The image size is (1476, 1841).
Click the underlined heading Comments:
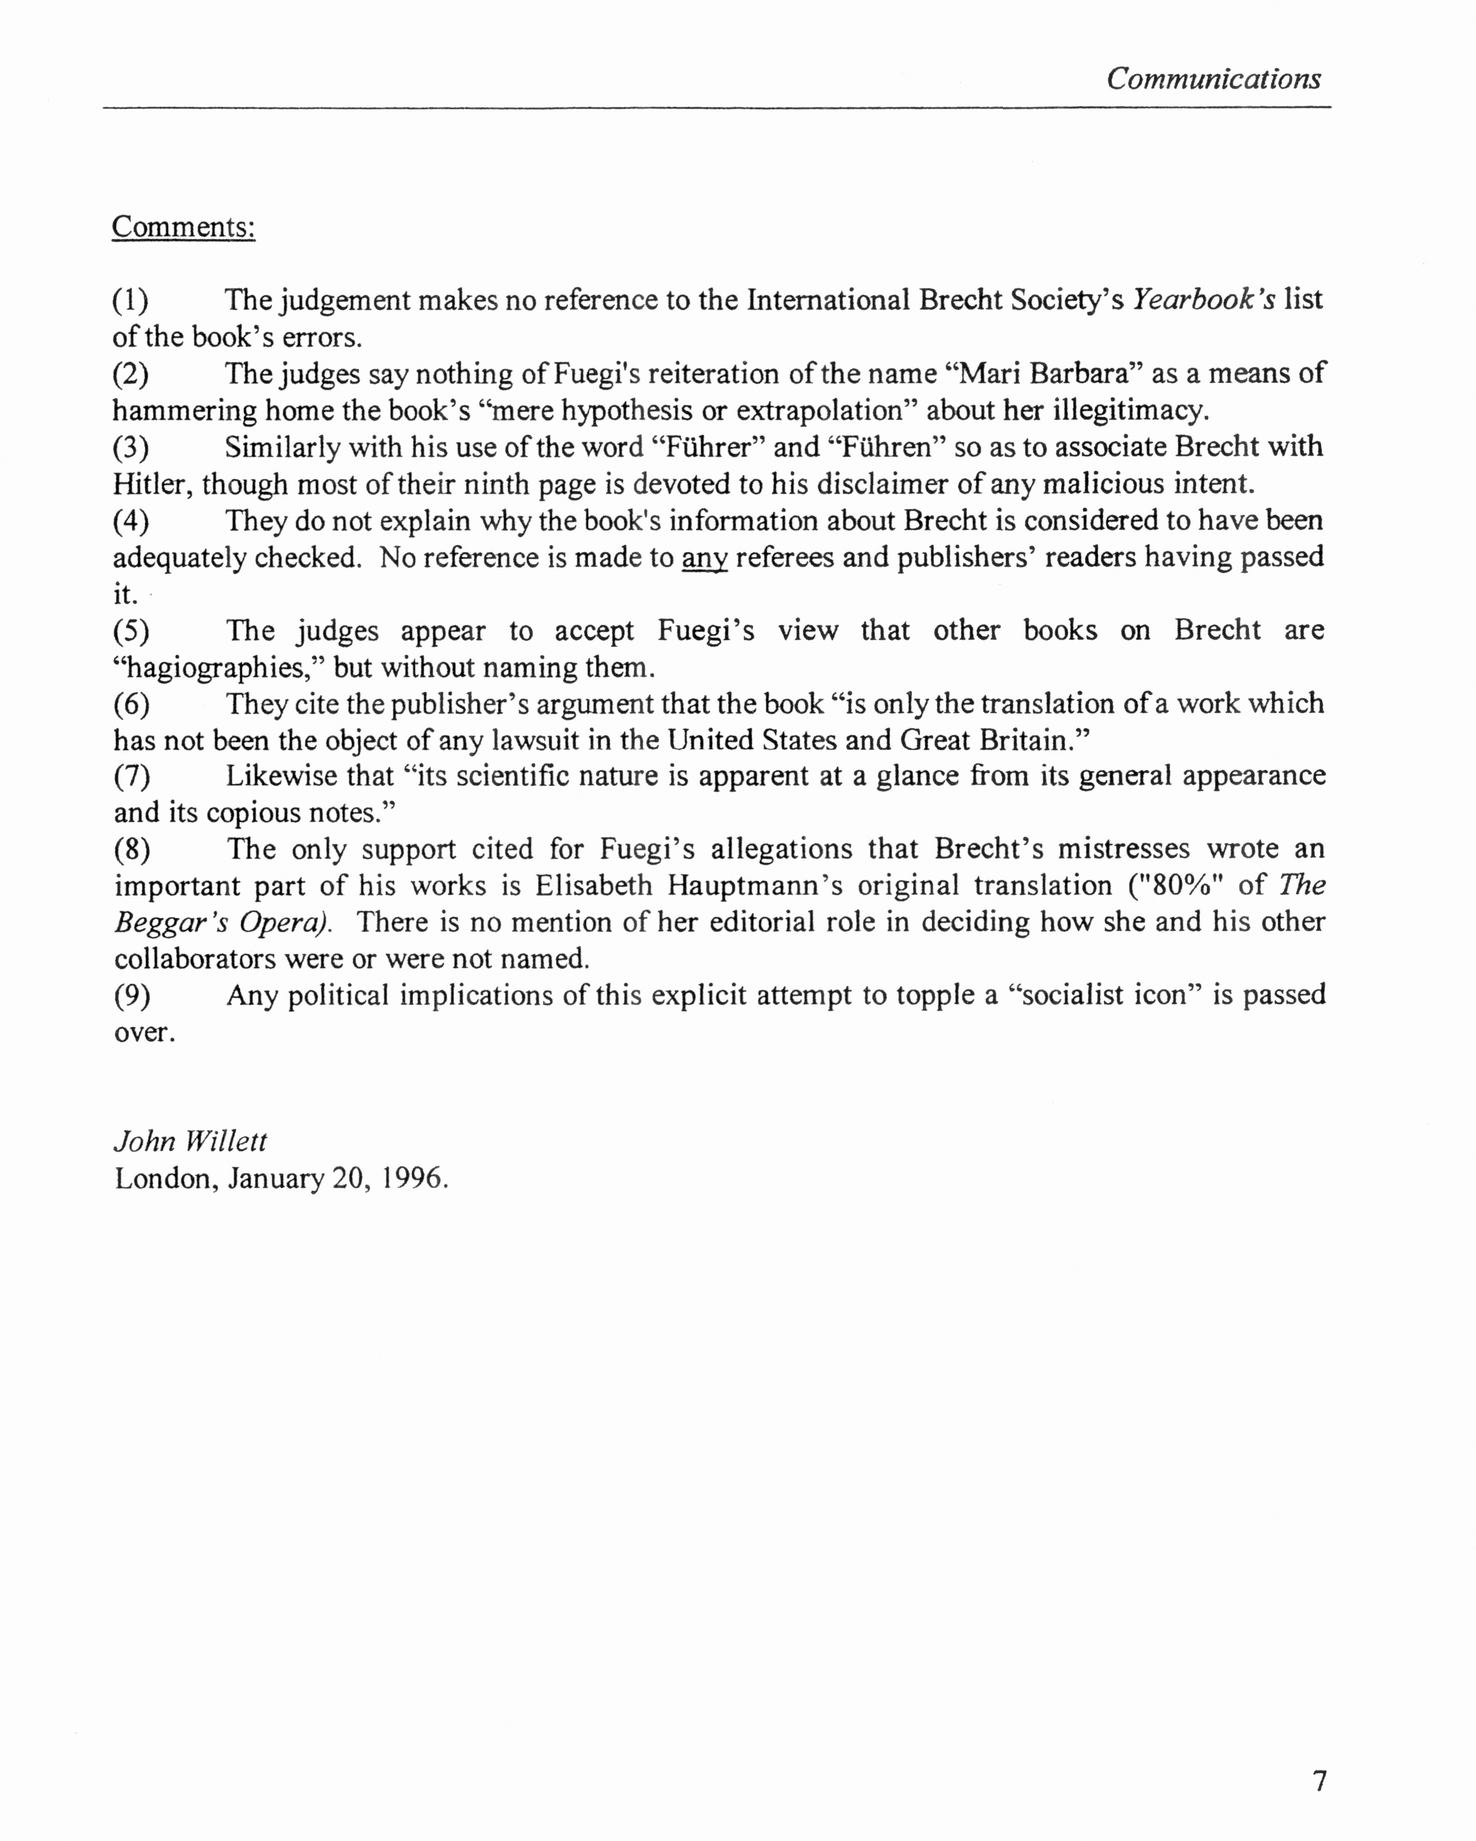[184, 227]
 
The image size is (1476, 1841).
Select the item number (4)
[131, 521]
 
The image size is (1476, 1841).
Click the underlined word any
[704, 558]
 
